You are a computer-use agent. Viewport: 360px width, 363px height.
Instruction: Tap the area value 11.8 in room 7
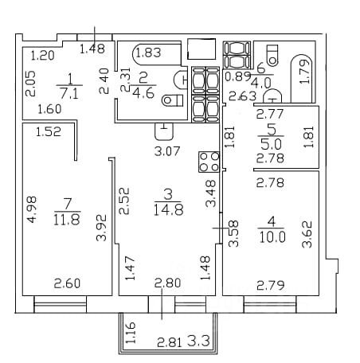tap(67, 220)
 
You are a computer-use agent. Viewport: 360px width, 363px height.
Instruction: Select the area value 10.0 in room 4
tap(272, 237)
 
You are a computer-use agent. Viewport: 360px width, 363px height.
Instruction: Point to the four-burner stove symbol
tap(209, 162)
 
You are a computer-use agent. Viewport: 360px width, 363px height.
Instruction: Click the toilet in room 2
tap(173, 100)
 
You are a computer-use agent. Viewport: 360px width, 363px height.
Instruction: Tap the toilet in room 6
tap(272, 55)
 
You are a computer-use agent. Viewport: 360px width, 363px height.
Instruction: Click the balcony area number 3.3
tap(199, 341)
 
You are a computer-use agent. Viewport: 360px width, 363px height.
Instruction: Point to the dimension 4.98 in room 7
tap(32, 209)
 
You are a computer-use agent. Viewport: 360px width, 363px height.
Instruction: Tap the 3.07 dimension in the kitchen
tap(167, 151)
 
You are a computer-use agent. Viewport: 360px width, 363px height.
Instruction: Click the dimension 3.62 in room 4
tap(307, 235)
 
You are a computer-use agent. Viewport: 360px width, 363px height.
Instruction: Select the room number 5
tap(272, 130)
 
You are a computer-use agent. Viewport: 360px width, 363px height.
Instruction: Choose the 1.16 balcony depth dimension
tap(131, 333)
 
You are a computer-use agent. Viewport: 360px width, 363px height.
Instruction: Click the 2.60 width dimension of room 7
tap(67, 283)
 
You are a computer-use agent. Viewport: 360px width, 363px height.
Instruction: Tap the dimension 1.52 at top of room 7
tap(49, 131)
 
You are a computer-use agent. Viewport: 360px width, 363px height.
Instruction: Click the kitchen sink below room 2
tap(164, 131)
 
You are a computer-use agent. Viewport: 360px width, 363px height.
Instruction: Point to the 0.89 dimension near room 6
tap(238, 77)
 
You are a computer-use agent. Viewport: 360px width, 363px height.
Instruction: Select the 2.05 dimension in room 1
tap(30, 84)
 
